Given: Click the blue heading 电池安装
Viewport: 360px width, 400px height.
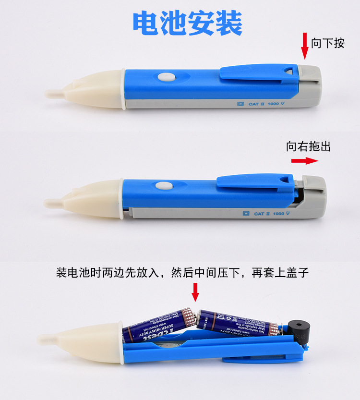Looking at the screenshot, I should (188, 23).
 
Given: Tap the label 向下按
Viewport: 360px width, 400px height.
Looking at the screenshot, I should (328, 43).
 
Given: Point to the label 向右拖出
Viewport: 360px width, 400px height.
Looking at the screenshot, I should (308, 146).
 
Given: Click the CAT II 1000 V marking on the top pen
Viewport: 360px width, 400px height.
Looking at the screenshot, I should (269, 103).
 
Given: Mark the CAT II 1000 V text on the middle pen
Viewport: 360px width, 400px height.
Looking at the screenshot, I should (269, 214).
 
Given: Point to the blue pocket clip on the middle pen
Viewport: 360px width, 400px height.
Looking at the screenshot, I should (254, 182).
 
